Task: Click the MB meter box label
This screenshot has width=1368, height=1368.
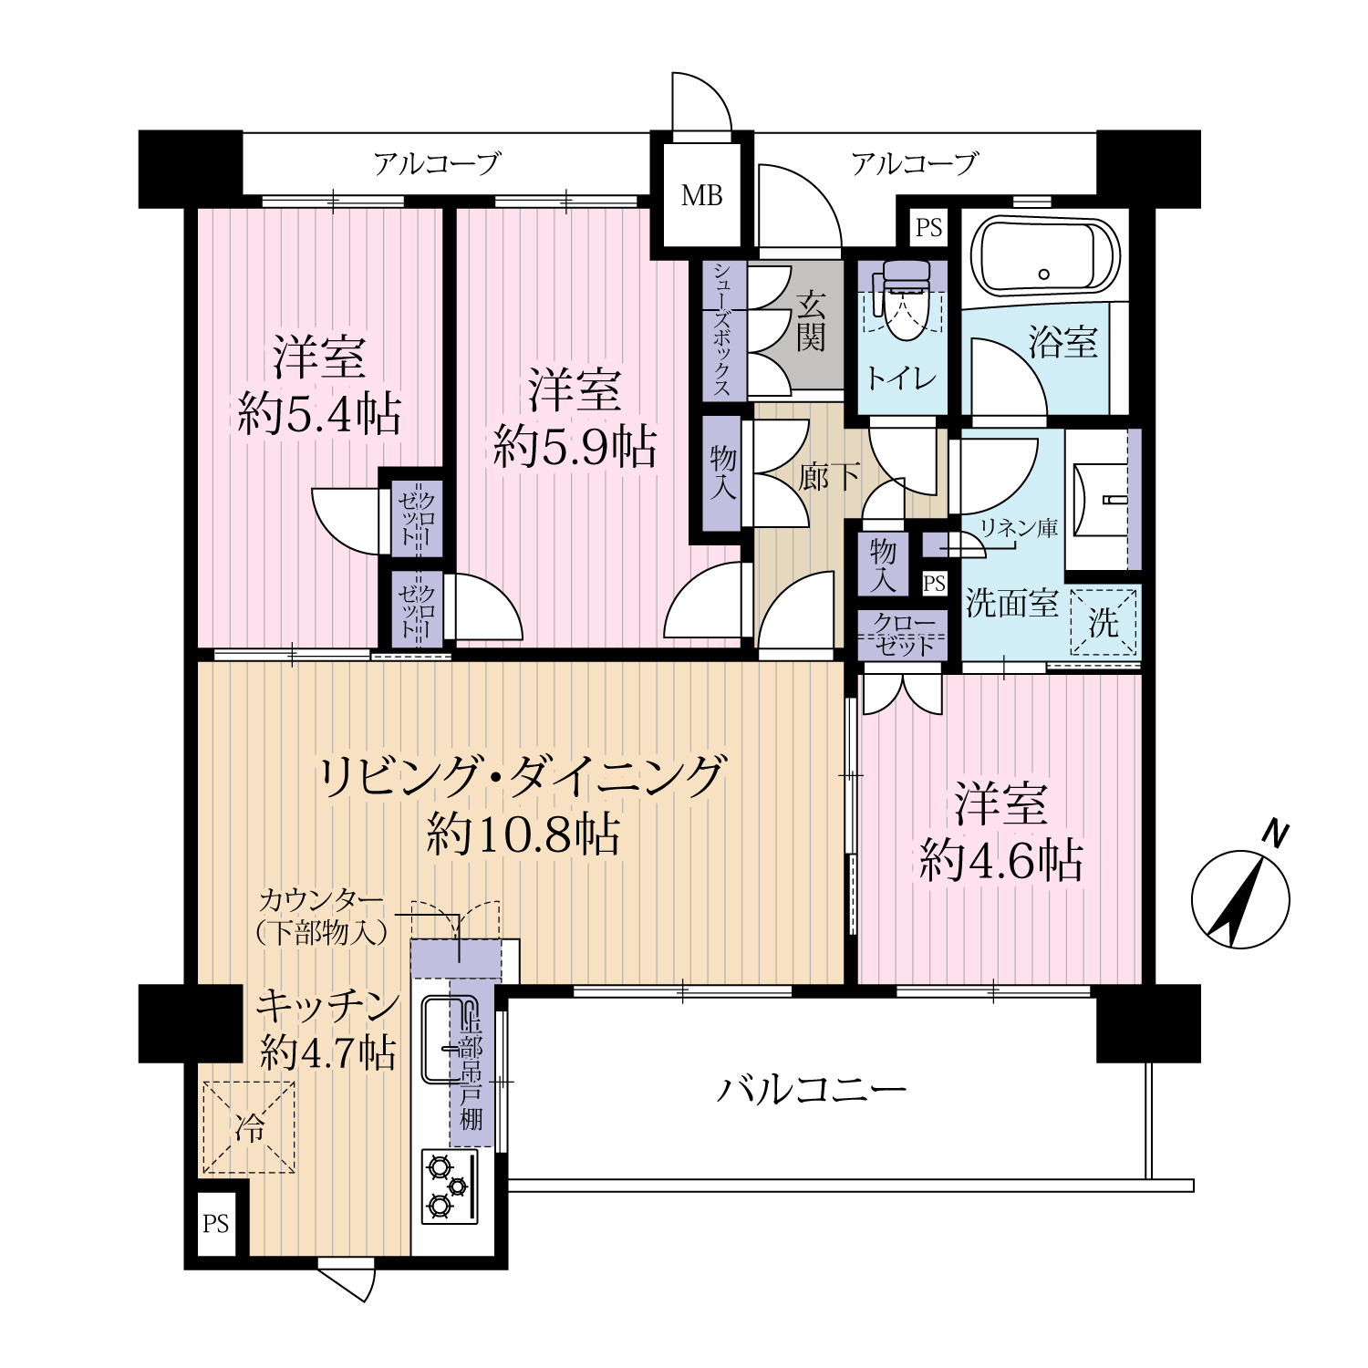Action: point(701,195)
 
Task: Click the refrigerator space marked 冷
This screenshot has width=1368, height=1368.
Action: point(248,1127)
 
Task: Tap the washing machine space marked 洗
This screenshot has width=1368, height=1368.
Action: point(1104,622)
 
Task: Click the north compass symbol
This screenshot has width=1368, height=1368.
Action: point(1241,891)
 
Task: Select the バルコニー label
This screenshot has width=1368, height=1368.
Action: point(811,1089)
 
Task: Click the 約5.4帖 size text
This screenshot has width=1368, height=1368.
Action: point(319,415)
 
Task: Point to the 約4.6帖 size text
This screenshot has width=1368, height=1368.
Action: point(1001,860)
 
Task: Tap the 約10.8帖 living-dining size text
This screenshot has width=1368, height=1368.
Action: point(523,834)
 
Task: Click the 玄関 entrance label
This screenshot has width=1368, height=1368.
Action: point(810,322)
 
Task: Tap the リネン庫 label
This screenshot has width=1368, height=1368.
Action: point(1018,527)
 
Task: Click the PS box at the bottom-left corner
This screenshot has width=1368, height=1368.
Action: point(216,1224)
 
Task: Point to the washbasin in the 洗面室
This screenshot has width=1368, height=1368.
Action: point(1103,501)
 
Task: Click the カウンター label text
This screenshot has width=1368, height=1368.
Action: point(321,900)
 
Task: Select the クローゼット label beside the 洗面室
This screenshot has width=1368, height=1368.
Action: point(904,635)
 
